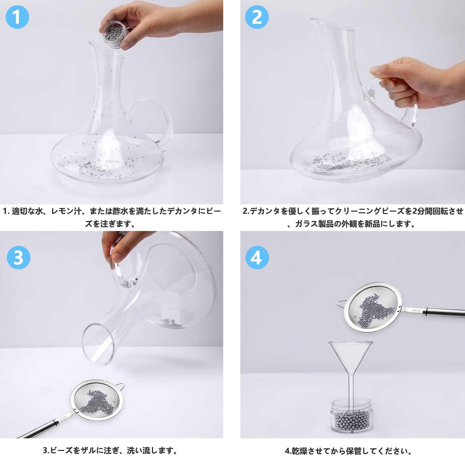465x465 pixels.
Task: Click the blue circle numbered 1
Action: pos(17,17)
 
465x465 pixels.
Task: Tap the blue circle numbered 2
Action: pos(257,17)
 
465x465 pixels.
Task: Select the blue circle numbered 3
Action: pos(18,257)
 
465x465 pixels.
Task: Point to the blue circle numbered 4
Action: pos(257,257)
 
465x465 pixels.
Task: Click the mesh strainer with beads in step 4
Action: pos(374,307)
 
